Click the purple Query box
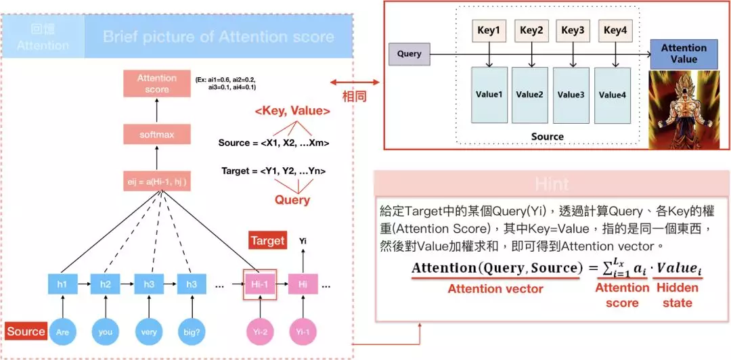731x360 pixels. click(409, 54)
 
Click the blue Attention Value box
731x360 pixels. click(684, 54)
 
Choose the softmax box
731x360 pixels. click(157, 135)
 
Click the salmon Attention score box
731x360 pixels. click(157, 84)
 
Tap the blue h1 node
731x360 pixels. click(62, 285)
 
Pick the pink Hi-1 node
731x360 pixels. click(259, 286)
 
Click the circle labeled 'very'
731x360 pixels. click(149, 332)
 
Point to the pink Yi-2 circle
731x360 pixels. click(259, 332)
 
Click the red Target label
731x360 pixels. click(268, 241)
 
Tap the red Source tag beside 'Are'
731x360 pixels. click(26, 332)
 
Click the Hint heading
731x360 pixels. click(552, 184)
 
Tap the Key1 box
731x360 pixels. click(489, 30)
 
